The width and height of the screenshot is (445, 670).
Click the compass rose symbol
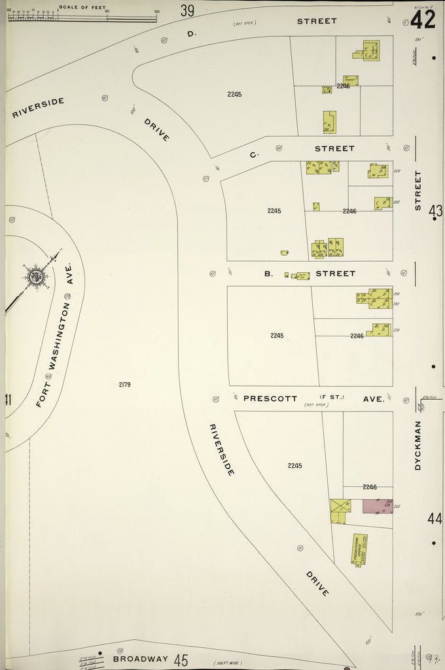coord(35,276)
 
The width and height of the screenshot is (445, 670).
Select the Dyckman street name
coord(418,445)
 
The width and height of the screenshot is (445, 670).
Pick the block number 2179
coord(124,384)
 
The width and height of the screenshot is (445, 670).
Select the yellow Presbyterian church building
coord(359,549)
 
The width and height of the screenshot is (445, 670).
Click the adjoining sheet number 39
coord(187,10)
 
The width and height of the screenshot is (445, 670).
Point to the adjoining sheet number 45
coord(181,660)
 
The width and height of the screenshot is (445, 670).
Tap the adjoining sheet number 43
coord(435,211)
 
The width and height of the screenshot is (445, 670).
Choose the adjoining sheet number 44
coord(435,519)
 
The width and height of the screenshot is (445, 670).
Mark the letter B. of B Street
coord(268,273)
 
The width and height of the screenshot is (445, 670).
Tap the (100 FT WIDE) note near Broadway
coord(227,663)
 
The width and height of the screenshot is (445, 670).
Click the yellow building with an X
coord(340,506)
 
